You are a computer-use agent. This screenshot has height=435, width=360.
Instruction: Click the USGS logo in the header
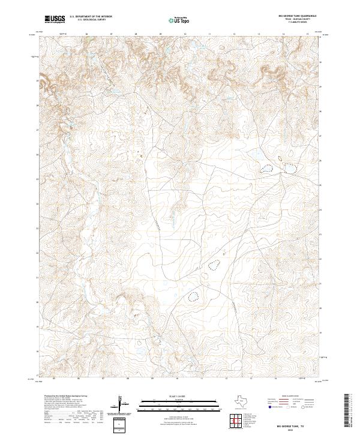point(54,19)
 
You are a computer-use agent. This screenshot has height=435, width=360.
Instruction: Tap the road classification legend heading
point(291,397)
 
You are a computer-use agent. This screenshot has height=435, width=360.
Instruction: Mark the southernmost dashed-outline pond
point(193,295)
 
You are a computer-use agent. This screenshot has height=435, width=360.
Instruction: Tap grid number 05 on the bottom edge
point(55,379)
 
